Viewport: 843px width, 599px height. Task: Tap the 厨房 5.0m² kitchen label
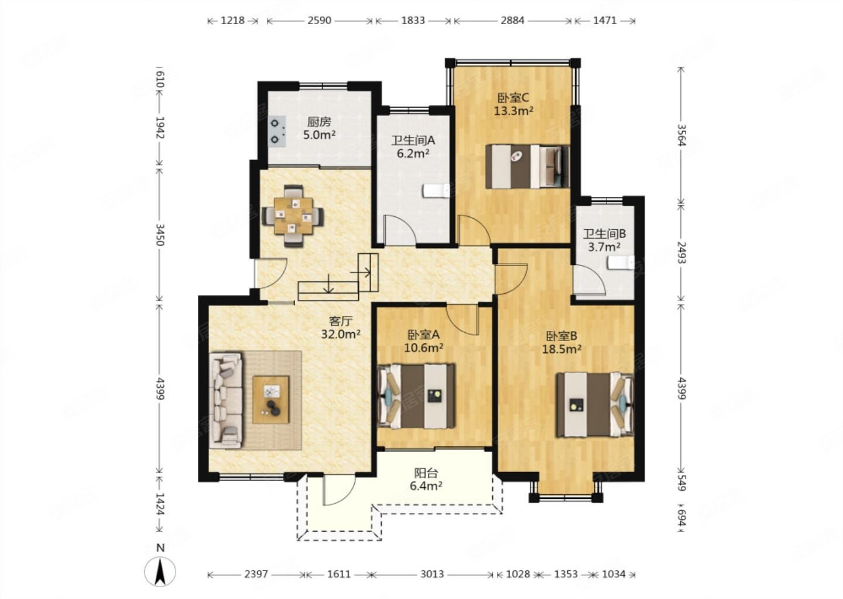coord(320,128)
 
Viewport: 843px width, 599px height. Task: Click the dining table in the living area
coord(293,216)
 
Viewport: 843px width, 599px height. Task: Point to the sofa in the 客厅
coord(226,400)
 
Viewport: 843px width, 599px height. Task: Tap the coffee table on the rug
coord(271,400)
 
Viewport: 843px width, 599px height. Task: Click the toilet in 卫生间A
coord(436,191)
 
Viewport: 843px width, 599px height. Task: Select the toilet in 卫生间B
coord(621,263)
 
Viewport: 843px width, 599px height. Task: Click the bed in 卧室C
coord(527,166)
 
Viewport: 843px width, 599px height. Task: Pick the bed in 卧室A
coord(416,395)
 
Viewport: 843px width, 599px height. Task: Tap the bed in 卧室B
coord(595,405)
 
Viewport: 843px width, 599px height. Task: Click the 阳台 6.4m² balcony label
coord(426,479)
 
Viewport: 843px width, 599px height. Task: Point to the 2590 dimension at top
coord(319,20)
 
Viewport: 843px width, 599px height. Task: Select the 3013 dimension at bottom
coord(432,574)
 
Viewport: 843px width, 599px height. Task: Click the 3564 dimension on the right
coord(681,135)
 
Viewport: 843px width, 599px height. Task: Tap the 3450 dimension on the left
coord(160,235)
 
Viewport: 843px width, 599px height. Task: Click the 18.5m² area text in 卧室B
coord(561,349)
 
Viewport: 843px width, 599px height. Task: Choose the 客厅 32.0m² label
coord(341,328)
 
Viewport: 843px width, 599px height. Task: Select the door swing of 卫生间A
coord(400,230)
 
